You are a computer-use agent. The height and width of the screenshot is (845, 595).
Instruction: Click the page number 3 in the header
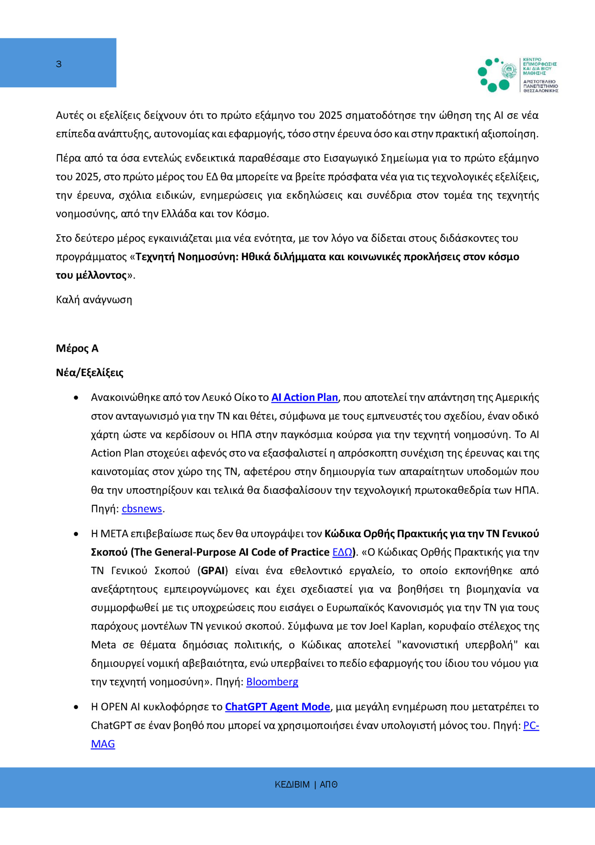[59, 64]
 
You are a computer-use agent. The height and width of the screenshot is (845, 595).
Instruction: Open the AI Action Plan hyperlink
[305, 397]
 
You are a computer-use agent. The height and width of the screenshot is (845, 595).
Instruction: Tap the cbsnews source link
[142, 509]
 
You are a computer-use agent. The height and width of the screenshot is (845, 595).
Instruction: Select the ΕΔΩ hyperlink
[342, 552]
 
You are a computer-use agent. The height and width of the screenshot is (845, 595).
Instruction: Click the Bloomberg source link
[272, 682]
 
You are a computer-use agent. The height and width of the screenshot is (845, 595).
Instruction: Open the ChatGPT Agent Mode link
[277, 707]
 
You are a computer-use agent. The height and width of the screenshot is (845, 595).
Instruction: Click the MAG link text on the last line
[103, 744]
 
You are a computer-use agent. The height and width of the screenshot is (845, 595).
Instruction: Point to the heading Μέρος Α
[77, 348]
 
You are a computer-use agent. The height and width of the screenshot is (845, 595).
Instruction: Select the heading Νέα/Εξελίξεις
[90, 372]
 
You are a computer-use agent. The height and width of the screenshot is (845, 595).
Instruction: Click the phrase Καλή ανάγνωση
[94, 300]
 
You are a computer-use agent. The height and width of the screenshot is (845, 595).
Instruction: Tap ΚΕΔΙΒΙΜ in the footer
[292, 785]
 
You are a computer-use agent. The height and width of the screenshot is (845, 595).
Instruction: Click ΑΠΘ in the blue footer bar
[328, 785]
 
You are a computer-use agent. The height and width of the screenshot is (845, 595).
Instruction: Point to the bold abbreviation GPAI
[212, 570]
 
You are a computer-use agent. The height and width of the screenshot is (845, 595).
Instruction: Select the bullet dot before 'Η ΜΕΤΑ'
[76, 534]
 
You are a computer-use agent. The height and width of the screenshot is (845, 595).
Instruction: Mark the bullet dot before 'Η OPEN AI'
[76, 707]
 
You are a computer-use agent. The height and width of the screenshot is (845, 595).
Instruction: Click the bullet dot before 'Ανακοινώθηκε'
[76, 398]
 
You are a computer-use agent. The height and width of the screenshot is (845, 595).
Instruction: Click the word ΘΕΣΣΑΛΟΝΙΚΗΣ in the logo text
[540, 90]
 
